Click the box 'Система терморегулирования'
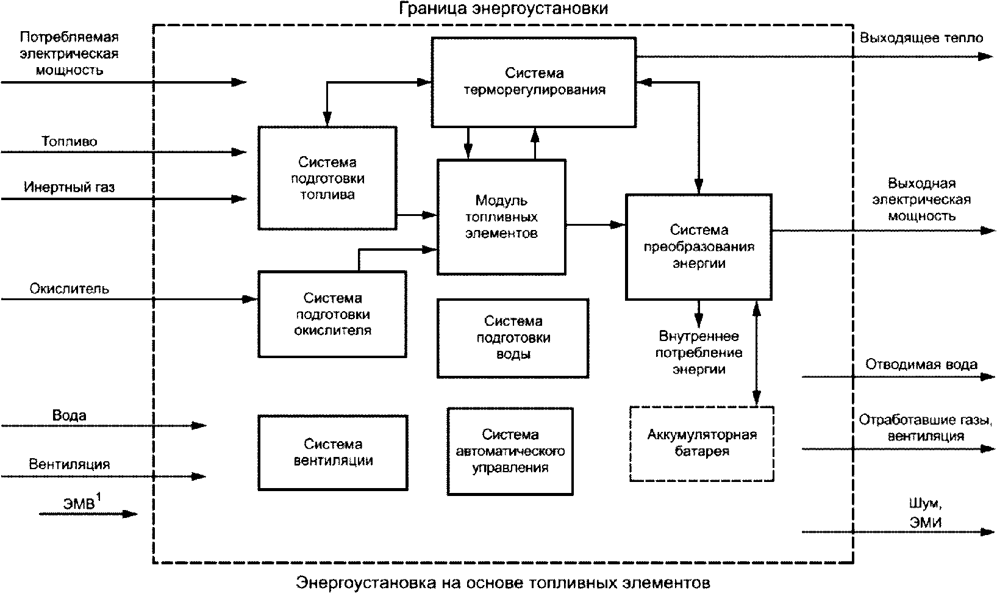[534, 82]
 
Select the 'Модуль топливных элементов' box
[501, 217]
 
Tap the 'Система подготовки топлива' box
[327, 178]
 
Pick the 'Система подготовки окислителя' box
[332, 314]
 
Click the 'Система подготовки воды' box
[513, 337]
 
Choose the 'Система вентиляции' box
[332, 452]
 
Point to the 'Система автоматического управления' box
[510, 451]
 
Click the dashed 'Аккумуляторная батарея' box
[701, 443]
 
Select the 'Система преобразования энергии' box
[699, 246]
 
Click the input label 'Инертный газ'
[69, 187]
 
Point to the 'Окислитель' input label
[69, 289]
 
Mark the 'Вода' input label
[69, 415]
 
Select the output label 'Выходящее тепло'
[921, 38]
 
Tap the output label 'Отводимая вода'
[921, 365]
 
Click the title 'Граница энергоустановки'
[504, 9]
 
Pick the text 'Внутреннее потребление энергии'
[699, 353]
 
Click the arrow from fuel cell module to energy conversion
[595, 225]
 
